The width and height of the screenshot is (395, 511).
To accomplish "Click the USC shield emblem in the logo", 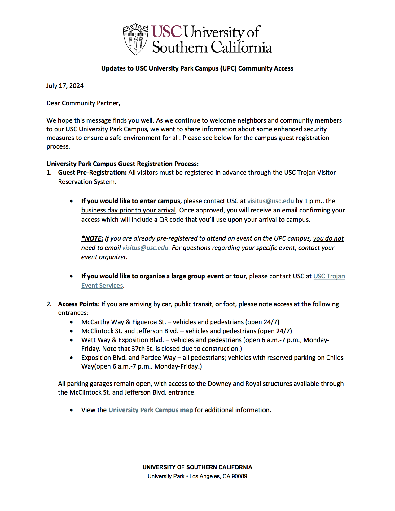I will pyautogui.click(x=135, y=39).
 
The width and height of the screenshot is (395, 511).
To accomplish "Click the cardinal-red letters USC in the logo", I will pyautogui.click(x=166, y=32).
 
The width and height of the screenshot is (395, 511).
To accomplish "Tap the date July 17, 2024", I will pyautogui.click(x=65, y=86).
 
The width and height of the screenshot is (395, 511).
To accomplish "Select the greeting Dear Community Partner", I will pyautogui.click(x=83, y=103).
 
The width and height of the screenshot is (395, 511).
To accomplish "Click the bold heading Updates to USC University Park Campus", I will pyautogui.click(x=197, y=68).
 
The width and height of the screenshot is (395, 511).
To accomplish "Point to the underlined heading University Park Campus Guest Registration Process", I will pyautogui.click(x=122, y=164).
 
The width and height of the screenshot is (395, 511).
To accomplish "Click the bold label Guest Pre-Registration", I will pyautogui.click(x=92, y=173).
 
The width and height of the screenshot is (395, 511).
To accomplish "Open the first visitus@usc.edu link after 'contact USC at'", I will pyautogui.click(x=270, y=201).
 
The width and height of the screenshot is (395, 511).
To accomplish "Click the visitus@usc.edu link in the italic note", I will pyautogui.click(x=145, y=248).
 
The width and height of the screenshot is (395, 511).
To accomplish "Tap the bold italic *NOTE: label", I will pyautogui.click(x=92, y=238).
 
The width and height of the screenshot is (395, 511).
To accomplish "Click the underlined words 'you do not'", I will pyautogui.click(x=328, y=238).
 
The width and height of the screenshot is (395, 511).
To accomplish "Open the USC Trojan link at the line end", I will pyautogui.click(x=329, y=276).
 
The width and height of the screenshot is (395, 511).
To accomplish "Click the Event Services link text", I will pyautogui.click(x=102, y=286).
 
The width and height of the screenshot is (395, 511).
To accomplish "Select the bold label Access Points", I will pyautogui.click(x=79, y=304).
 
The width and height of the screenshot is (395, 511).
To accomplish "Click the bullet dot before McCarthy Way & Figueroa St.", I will pyautogui.click(x=72, y=322).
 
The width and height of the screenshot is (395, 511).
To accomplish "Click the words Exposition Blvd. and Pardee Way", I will pyautogui.click(x=128, y=358).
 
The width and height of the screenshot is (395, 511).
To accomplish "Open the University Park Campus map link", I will pyautogui.click(x=151, y=410).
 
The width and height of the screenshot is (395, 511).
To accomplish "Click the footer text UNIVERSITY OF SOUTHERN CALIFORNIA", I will pyautogui.click(x=197, y=467).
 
